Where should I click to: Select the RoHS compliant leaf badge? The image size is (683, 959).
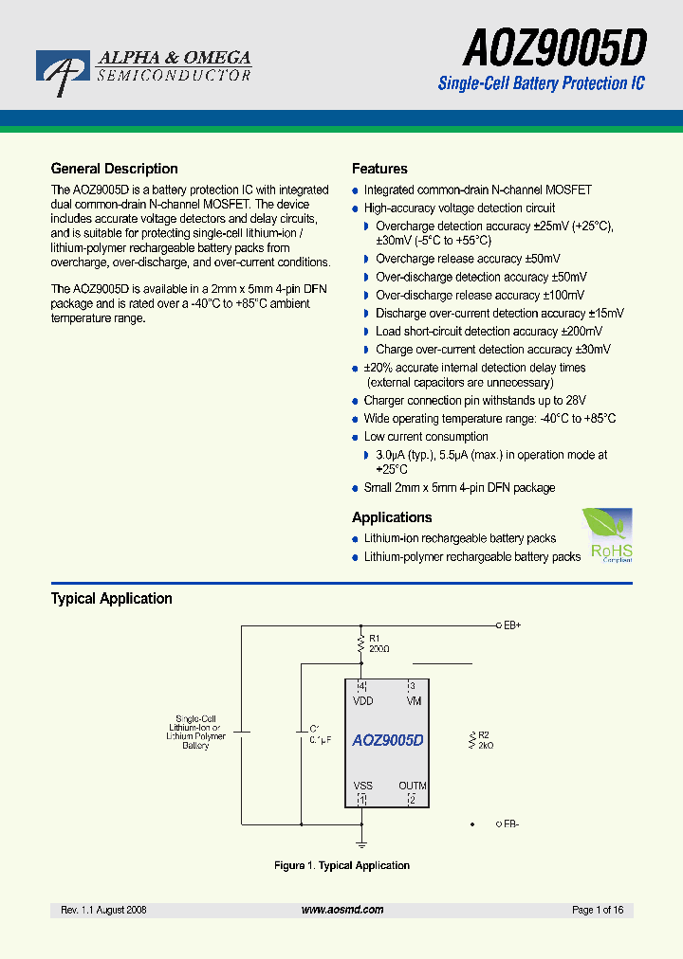click(607, 535)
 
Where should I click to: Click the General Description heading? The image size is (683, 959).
click(114, 169)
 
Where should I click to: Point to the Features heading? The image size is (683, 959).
click(379, 169)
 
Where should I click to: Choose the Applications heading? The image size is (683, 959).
click(392, 517)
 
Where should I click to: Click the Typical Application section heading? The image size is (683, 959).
click(111, 599)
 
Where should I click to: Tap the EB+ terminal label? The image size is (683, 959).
click(512, 625)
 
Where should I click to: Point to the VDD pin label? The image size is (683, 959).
click(363, 701)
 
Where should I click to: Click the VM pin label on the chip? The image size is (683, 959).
click(414, 701)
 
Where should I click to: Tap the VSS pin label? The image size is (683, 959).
click(363, 786)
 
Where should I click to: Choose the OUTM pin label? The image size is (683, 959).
click(413, 786)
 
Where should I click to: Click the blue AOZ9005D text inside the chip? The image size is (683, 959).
click(387, 740)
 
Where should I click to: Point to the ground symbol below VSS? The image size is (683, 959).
click(361, 841)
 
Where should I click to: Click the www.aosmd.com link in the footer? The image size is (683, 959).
click(342, 910)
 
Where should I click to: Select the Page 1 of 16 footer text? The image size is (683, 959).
click(598, 910)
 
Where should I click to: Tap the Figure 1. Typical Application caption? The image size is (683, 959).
click(341, 865)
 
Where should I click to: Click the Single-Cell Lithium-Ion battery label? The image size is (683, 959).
click(195, 733)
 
